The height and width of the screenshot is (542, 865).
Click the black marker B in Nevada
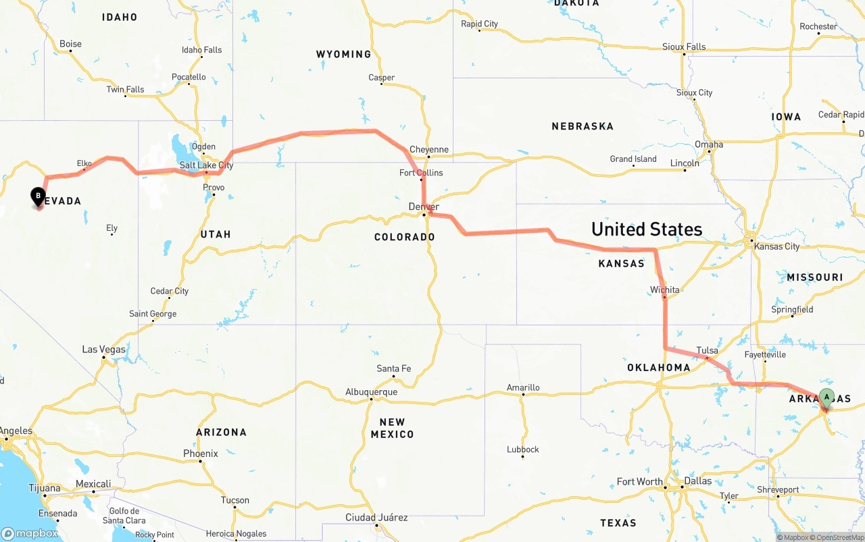point(39,196)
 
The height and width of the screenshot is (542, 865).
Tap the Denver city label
point(424,207)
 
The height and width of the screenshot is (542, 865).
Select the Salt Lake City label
point(206,165)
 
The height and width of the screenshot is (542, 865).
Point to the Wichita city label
point(664,290)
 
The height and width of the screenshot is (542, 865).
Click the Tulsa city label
point(707,350)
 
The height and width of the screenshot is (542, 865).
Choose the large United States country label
point(646,229)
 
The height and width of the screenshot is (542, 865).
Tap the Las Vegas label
point(103,350)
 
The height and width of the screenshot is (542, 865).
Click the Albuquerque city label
point(371,392)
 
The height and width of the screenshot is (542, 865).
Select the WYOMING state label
point(343,54)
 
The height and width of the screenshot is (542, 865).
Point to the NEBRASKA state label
point(582,126)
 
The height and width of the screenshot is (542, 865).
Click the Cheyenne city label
point(428,150)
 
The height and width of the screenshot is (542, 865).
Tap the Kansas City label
point(776,246)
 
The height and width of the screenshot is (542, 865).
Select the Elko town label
point(84,163)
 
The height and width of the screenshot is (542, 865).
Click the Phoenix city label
point(201,454)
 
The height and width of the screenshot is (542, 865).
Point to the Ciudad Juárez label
point(376,518)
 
